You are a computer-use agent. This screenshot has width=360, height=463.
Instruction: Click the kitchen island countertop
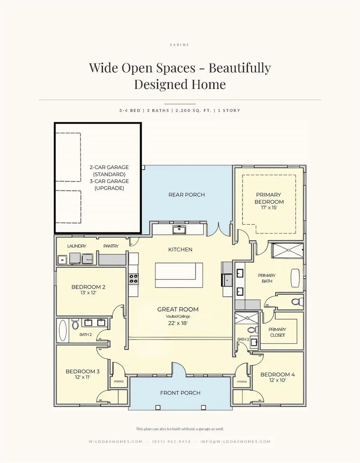click(179, 275)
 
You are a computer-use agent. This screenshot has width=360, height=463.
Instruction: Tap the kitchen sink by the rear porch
click(179, 229)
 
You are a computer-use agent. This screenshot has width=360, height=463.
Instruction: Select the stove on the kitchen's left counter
click(134, 279)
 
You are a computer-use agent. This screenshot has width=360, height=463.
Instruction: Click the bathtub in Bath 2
click(63, 330)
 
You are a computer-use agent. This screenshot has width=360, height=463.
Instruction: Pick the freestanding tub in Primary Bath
click(295, 277)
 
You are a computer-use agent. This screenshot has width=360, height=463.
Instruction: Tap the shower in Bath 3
click(246, 318)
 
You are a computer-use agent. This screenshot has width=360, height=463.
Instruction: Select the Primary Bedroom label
click(269, 198)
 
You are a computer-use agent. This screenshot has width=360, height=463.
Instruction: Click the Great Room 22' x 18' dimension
click(178, 323)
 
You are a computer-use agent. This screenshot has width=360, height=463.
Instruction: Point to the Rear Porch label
click(186, 195)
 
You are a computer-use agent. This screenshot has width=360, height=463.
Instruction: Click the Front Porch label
click(180, 393)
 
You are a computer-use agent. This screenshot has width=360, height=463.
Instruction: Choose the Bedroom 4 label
click(278, 374)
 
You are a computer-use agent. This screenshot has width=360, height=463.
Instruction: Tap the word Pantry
click(111, 246)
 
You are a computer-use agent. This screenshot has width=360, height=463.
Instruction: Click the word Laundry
click(77, 246)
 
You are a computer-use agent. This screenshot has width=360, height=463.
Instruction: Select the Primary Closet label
click(277, 332)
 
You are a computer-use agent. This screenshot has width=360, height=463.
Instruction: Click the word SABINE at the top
click(180, 45)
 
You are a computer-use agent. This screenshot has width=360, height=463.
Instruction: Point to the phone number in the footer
click(171, 441)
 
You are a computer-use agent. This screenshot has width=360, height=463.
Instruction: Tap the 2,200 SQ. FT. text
click(193, 110)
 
